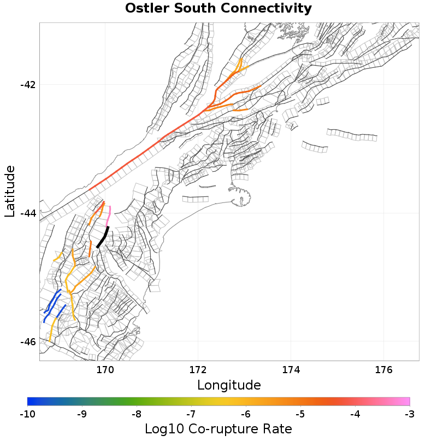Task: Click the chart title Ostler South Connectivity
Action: click(x=218, y=9)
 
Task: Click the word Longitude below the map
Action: click(x=229, y=385)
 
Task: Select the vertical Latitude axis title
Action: click(x=10, y=192)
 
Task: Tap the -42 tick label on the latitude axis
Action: click(x=28, y=85)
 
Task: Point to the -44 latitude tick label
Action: click(x=28, y=213)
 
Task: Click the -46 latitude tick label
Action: click(x=28, y=342)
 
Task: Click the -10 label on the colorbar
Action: click(x=27, y=414)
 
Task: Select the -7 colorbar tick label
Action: click(x=191, y=414)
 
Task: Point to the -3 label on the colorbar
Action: click(x=410, y=414)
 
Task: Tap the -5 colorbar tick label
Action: click(x=300, y=414)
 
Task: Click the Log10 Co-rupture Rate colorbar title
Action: click(x=218, y=428)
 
